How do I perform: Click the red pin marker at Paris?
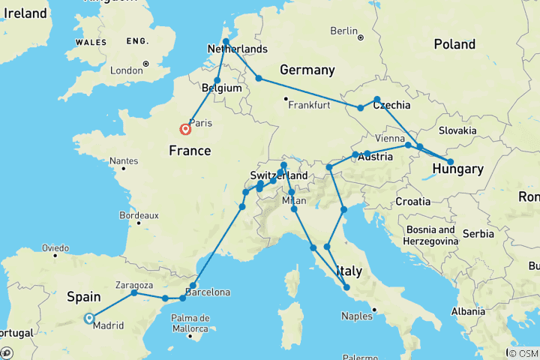point(185,129)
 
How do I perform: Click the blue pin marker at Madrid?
point(88,318)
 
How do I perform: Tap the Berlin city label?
point(344,31)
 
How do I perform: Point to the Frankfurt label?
point(307,105)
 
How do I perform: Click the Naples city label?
point(357,316)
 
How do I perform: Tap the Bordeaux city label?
point(138,215)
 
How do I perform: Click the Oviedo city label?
point(55,247)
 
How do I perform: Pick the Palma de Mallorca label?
point(188,322)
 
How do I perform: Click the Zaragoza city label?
point(135,285)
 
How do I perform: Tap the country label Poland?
point(454,44)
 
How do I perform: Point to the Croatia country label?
point(413,201)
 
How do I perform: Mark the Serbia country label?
point(478,233)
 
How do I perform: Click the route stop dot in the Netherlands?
point(226,42)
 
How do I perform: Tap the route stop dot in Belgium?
point(217,80)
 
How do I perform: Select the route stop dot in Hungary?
point(450,162)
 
